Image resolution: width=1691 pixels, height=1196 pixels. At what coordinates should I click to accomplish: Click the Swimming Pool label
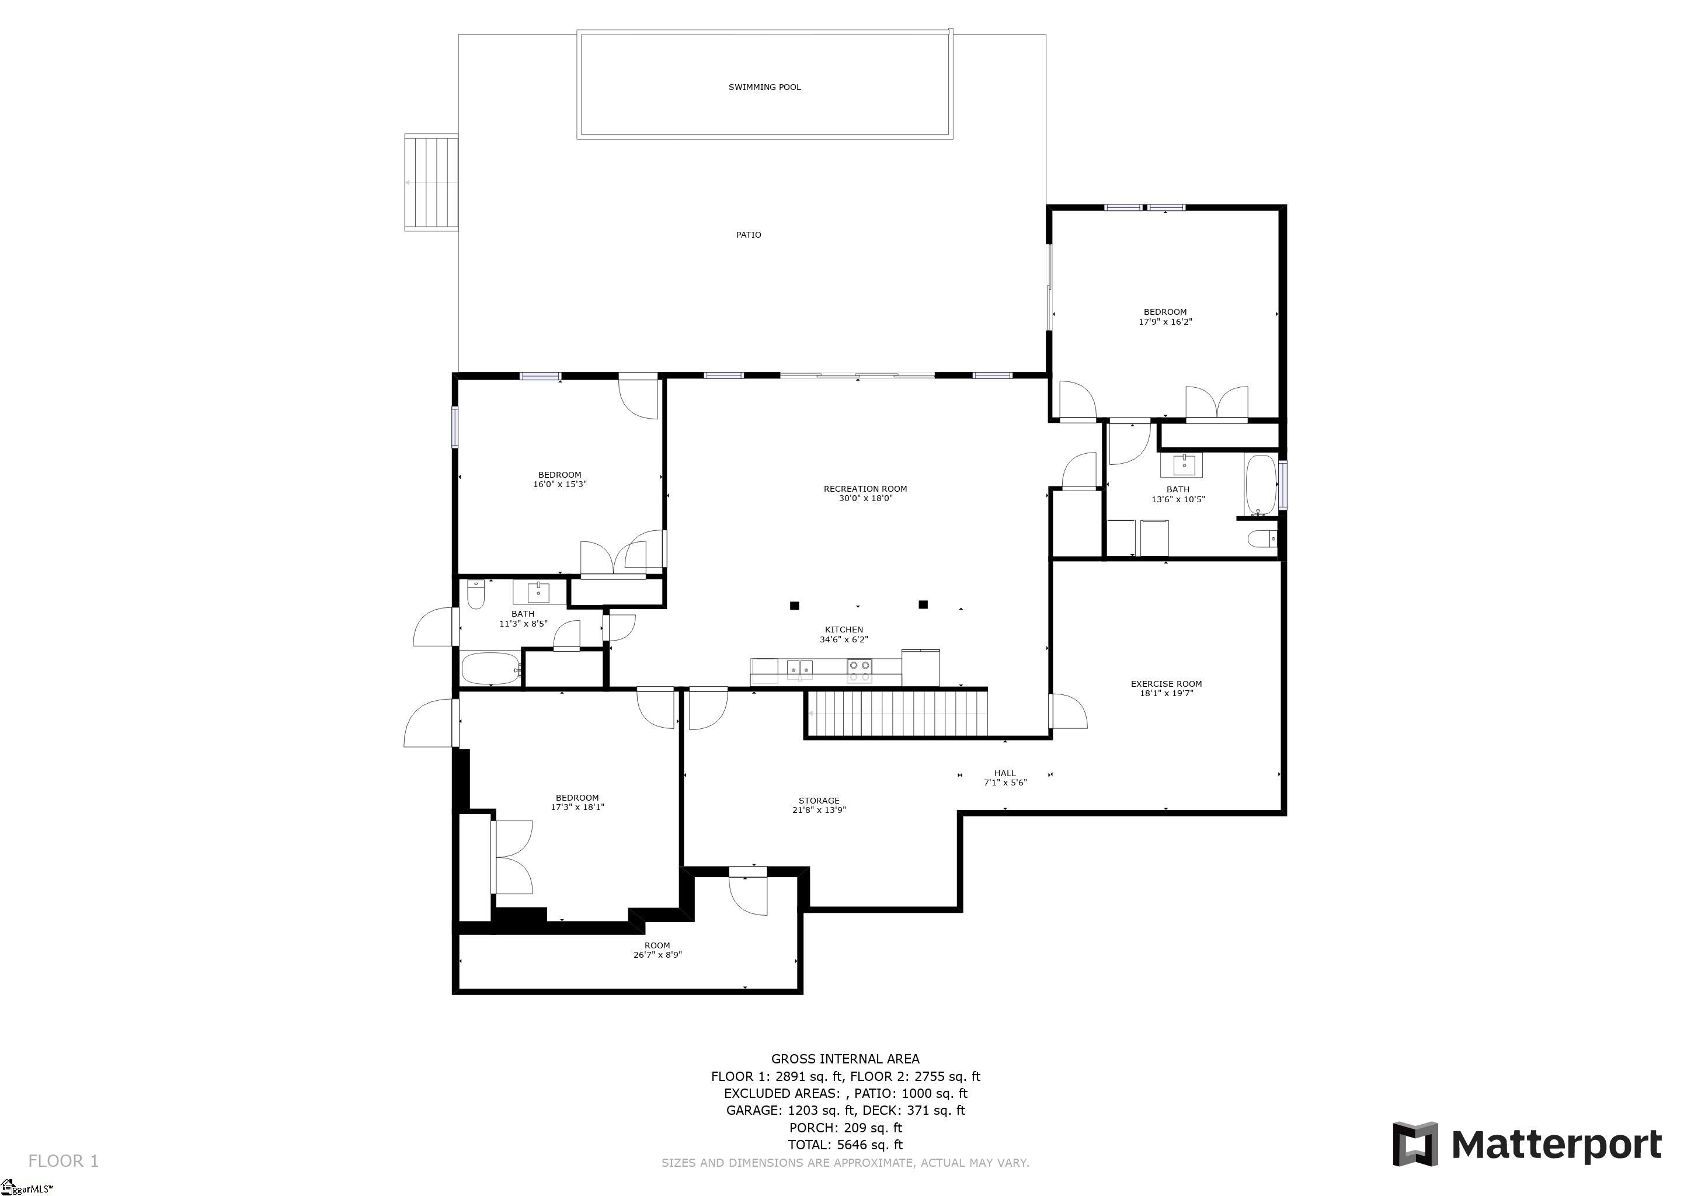pyautogui.click(x=764, y=87)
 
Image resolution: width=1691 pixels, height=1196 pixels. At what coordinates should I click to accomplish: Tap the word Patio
pyautogui.click(x=749, y=235)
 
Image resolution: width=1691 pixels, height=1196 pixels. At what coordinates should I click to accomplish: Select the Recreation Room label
pyautogui.click(x=865, y=489)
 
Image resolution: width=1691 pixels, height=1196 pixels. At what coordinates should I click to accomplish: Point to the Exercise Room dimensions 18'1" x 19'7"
pyautogui.click(x=1167, y=693)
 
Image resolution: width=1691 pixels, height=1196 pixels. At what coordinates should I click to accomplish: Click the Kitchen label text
pyautogui.click(x=844, y=630)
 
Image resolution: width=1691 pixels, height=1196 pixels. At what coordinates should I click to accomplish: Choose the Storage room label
pyautogui.click(x=819, y=801)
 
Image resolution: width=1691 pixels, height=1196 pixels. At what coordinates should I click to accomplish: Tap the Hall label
pyautogui.click(x=1005, y=773)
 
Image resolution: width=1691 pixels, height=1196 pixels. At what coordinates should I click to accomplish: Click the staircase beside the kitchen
pyautogui.click(x=897, y=713)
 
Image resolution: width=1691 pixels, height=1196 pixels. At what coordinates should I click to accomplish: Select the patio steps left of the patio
pyautogui.click(x=432, y=183)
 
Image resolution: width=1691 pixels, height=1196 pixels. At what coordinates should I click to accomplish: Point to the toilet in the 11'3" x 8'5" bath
pyautogui.click(x=476, y=595)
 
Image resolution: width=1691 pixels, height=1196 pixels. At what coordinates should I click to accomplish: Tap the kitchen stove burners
pyautogui.click(x=860, y=670)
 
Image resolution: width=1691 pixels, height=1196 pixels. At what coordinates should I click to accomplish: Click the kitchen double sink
pyautogui.click(x=800, y=668)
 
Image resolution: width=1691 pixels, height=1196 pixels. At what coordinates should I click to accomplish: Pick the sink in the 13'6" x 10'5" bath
pyautogui.click(x=1182, y=465)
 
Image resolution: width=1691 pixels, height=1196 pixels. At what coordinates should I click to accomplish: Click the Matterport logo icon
pyautogui.click(x=1415, y=1143)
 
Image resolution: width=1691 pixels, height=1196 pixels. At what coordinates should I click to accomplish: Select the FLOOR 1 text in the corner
pyautogui.click(x=63, y=1162)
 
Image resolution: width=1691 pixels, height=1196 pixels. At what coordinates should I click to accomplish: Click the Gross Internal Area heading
pyautogui.click(x=845, y=1059)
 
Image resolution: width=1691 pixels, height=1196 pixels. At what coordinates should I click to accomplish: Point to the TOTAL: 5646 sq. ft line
pyautogui.click(x=845, y=1145)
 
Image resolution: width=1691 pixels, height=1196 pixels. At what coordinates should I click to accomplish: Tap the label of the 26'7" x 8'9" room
pyautogui.click(x=657, y=945)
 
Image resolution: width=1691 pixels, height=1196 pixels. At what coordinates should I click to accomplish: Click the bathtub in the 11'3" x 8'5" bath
pyautogui.click(x=491, y=668)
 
